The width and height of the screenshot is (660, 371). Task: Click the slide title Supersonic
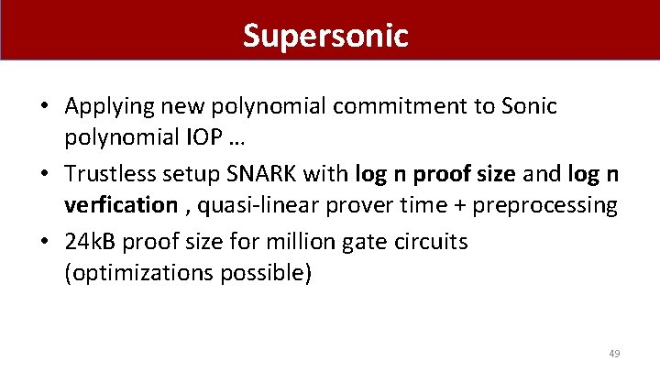point(324,35)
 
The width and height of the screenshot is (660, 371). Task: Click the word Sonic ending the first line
point(529,106)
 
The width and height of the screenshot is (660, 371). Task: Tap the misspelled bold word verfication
point(120,204)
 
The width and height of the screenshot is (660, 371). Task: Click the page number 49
point(615,353)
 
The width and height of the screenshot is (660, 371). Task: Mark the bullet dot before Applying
point(45,107)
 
